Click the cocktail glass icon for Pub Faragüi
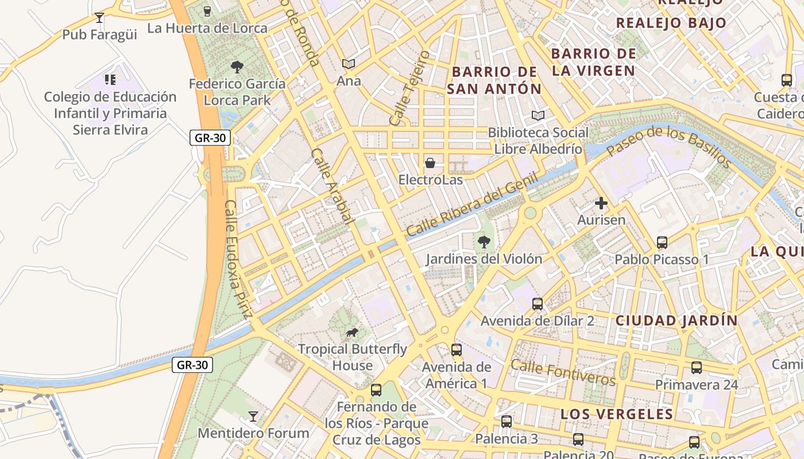click(x=99, y=18)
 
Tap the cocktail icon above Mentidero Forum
click(x=253, y=416)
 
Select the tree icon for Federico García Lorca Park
click(x=237, y=67)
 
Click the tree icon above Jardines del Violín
click(x=484, y=242)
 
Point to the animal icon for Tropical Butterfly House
click(x=352, y=332)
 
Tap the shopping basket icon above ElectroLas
click(x=430, y=163)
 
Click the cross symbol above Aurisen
click(x=601, y=203)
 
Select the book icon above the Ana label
click(x=349, y=64)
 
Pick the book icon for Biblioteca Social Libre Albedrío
click(x=538, y=116)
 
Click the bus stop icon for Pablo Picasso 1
click(x=662, y=243)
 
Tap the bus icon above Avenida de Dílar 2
click(x=538, y=304)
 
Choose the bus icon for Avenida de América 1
click(x=457, y=349)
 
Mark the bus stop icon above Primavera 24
click(x=697, y=368)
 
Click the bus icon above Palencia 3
click(x=507, y=422)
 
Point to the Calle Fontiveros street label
click(x=562, y=372)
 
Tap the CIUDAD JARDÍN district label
click(x=676, y=321)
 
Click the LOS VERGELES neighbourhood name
click(x=616, y=414)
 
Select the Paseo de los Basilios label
click(x=669, y=146)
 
